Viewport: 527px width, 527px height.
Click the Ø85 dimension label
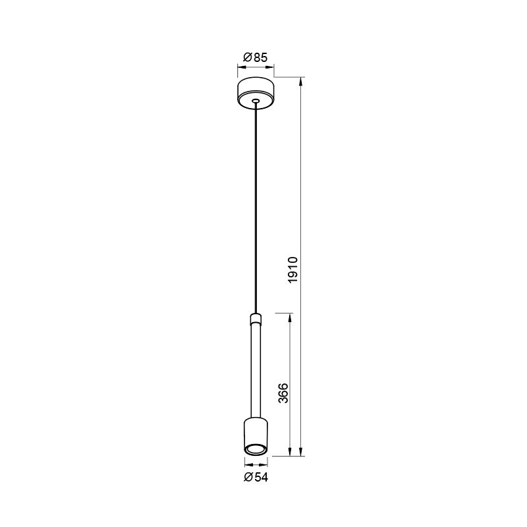click(256, 58)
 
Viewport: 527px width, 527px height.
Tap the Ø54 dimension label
click(256, 477)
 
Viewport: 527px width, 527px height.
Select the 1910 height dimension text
click(293, 270)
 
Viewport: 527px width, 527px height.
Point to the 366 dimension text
click(284, 393)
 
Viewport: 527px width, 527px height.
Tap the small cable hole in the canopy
click(256, 101)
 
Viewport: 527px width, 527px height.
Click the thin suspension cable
click(256, 208)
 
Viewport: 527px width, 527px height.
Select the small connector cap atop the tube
click(256, 318)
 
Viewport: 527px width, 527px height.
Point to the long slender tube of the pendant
click(256, 370)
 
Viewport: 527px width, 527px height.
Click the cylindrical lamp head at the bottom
click(256, 436)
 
